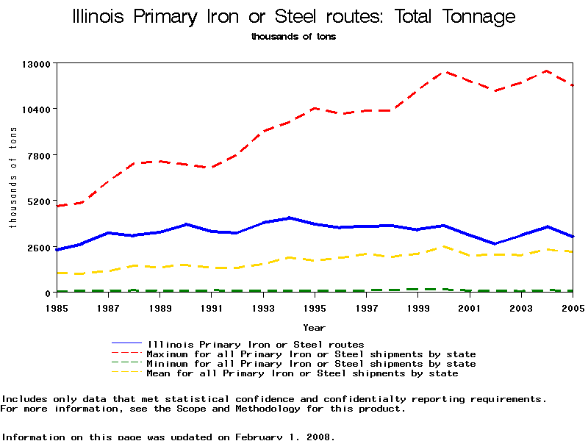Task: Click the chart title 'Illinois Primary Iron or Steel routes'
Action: pyautogui.click(x=294, y=17)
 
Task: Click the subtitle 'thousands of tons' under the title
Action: pyautogui.click(x=293, y=36)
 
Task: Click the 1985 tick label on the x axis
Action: pyautogui.click(x=57, y=306)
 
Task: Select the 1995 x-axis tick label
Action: pyautogui.click(x=315, y=306)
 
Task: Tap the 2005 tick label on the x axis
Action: pyautogui.click(x=573, y=306)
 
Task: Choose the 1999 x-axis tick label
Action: pyautogui.click(x=418, y=306)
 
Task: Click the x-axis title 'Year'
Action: pyautogui.click(x=315, y=327)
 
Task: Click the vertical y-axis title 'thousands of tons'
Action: pyautogui.click(x=12, y=177)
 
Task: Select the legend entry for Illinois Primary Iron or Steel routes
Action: pyautogui.click(x=256, y=344)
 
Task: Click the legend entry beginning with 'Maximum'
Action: pyautogui.click(x=312, y=354)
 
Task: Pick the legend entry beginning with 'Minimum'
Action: pyautogui.click(x=312, y=364)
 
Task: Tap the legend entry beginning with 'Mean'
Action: pyautogui.click(x=303, y=373)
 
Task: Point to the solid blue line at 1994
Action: pyautogui.click(x=289, y=218)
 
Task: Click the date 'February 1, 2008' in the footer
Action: pyautogui.click(x=285, y=437)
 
